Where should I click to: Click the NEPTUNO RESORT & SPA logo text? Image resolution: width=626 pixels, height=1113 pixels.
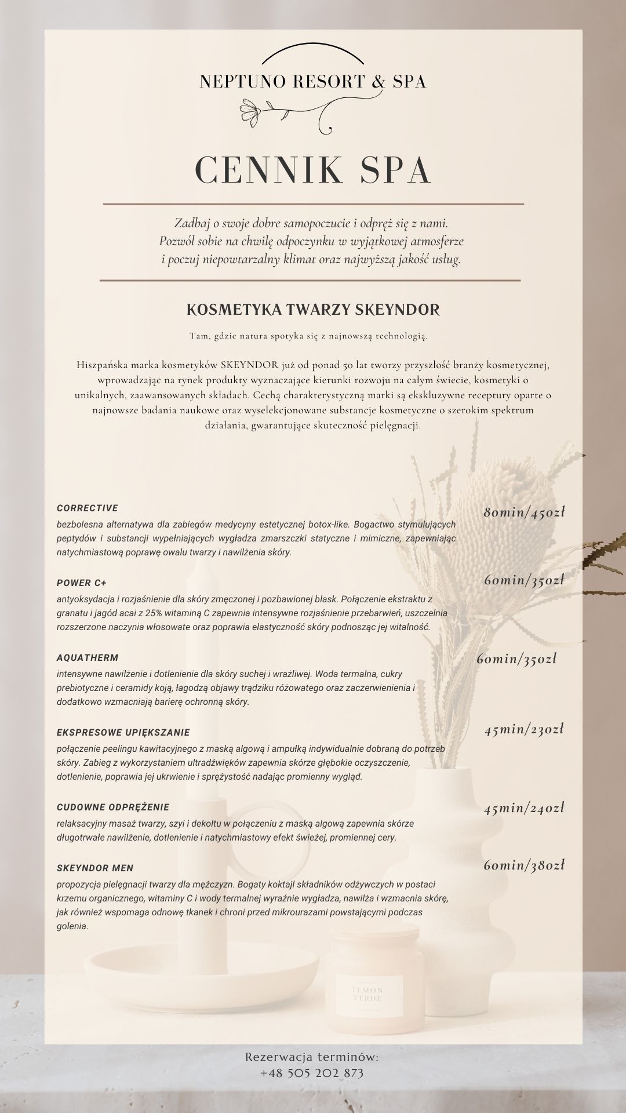coord(313,82)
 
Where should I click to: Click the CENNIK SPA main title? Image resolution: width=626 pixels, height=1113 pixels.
coord(313,170)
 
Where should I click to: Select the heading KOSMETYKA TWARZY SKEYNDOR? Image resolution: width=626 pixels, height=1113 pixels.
coord(313,310)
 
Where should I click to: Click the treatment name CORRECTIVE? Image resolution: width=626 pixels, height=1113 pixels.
coord(88,508)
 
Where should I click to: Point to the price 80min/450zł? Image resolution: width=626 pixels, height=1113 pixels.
coord(524,512)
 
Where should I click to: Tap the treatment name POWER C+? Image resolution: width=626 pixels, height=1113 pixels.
coord(82,583)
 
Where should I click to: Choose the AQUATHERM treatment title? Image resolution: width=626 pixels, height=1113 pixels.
coord(88,658)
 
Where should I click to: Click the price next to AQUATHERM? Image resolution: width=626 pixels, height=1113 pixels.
coord(516,659)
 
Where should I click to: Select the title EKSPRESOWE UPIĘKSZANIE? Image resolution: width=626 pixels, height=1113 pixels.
coord(123,733)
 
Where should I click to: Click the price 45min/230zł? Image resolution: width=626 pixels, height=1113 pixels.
coord(524,729)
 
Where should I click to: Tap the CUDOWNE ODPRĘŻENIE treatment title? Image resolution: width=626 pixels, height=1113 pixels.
coord(113,808)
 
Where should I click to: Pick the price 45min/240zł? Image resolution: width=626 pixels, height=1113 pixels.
coord(524,808)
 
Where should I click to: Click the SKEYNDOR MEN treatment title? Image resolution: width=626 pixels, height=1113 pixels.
coord(95,868)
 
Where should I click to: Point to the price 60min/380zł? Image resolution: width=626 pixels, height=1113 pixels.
coord(524,865)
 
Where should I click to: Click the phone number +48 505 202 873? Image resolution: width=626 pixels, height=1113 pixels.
coord(312,1073)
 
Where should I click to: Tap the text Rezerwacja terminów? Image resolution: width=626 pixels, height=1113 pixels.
coord(312,1057)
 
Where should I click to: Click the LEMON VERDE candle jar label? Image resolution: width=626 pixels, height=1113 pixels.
coord(367,994)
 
